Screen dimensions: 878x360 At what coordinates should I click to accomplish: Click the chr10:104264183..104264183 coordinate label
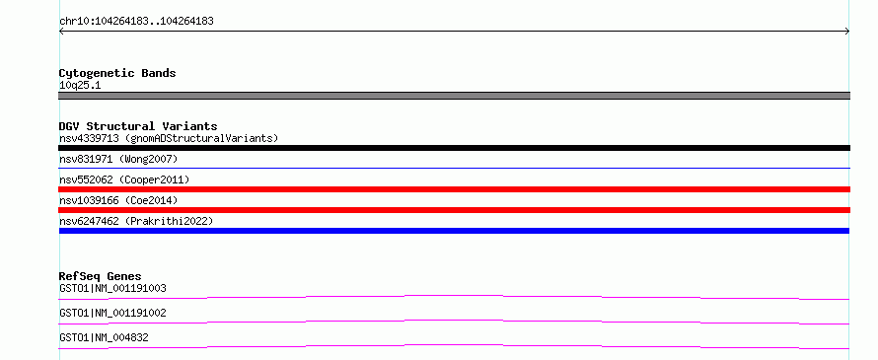136,22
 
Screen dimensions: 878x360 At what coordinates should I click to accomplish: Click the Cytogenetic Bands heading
117,73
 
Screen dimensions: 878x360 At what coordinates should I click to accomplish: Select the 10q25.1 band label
80,86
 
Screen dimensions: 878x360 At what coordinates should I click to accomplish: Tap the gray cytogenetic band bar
454,96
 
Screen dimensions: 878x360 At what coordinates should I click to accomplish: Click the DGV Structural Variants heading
138,126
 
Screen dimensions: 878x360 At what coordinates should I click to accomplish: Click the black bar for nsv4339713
454,148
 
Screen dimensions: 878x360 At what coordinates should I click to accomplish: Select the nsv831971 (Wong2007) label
118,160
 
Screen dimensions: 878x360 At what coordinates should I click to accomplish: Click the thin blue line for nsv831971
454,168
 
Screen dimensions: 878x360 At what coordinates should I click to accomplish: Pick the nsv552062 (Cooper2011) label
124,180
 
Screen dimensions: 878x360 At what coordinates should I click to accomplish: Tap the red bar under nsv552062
454,189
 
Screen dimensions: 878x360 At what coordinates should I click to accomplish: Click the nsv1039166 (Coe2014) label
118,200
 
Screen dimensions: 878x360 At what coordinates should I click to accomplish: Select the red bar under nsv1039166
454,210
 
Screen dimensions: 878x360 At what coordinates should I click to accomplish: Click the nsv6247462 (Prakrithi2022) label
136,221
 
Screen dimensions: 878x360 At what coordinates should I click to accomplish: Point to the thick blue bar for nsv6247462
454,231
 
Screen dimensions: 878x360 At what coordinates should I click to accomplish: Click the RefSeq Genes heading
101,276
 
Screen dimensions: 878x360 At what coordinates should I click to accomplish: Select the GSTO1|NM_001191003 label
112,289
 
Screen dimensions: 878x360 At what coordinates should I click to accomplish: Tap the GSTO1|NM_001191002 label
112,313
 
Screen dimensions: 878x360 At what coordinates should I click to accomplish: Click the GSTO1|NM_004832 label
104,337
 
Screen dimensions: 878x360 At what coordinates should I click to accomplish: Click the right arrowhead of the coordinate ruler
847,32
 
